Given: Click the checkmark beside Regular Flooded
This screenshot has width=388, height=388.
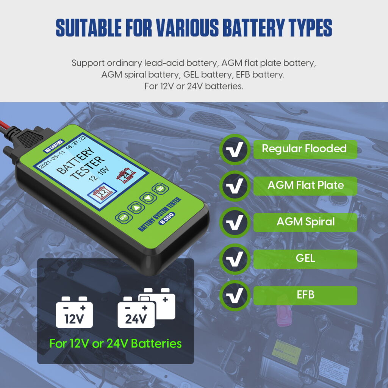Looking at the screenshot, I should pos(235,150).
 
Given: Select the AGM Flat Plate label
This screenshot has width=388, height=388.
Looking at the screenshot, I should pos(305,185).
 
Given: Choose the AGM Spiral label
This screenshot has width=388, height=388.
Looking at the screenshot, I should pos(305,222).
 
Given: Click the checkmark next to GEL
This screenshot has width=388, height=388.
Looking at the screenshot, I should pos(235,260).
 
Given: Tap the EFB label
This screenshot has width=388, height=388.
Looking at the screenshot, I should pos(305,295).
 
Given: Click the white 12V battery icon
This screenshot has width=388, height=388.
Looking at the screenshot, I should pos(74,313).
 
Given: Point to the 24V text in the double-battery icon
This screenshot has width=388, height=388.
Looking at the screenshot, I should pos(136,319).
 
